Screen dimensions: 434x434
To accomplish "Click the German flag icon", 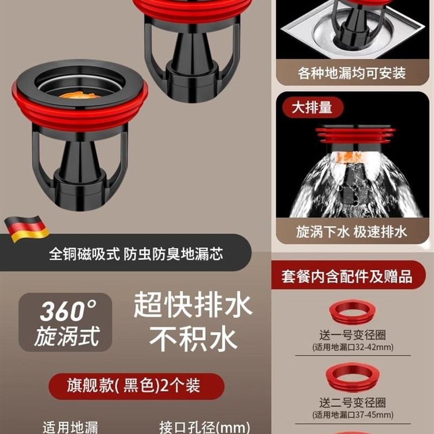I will tap(27, 229).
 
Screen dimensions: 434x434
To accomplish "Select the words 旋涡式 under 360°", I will tap(67, 336).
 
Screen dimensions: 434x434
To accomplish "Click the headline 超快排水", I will tap(193, 305).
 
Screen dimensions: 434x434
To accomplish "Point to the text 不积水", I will tap(193, 339).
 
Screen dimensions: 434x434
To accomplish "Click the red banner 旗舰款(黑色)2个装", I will tap(136, 386).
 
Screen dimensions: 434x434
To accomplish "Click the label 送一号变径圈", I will tap(352, 336).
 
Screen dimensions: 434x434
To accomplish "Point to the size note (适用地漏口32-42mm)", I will tap(352, 347).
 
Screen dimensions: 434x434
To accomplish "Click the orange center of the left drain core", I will tap(79, 95).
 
